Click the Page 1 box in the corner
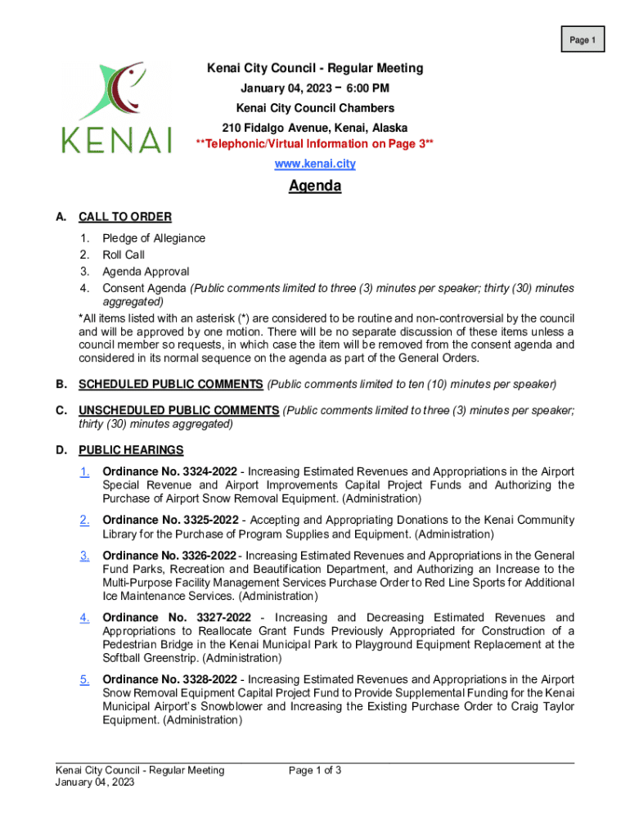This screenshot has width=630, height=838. click(x=582, y=39)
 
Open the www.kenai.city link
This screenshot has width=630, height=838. click(x=314, y=164)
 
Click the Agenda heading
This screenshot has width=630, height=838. click(x=315, y=187)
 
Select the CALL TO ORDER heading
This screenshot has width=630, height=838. click(x=124, y=217)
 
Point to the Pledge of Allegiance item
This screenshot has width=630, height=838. click(x=153, y=238)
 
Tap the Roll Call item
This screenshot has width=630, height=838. click(x=123, y=255)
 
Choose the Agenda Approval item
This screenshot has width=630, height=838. click(x=145, y=271)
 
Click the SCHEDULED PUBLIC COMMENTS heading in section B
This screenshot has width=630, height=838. click(x=170, y=384)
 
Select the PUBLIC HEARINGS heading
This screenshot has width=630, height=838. click(x=131, y=449)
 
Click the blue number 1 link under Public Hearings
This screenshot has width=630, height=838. click(x=84, y=471)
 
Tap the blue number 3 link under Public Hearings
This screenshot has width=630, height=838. click(x=84, y=556)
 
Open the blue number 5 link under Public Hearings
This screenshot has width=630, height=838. click(x=84, y=679)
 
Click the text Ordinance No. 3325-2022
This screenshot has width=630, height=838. click(x=169, y=520)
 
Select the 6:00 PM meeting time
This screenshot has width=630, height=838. click(x=368, y=88)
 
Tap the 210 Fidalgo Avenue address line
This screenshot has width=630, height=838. click(x=315, y=128)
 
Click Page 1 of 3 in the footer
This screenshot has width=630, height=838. click(x=315, y=770)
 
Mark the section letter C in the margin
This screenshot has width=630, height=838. click(x=61, y=410)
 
